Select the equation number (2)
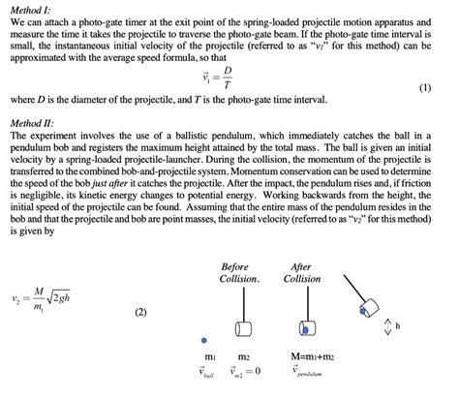click(140, 313)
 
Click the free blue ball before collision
click(203, 341)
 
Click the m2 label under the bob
click(243, 357)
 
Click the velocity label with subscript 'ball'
click(207, 372)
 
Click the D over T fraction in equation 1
click(227, 77)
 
